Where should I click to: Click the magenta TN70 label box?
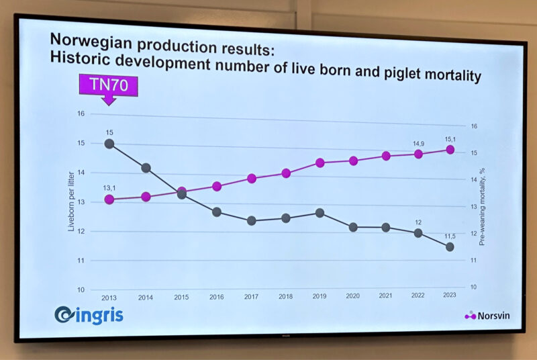tap(108, 85)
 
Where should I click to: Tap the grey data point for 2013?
tap(109, 143)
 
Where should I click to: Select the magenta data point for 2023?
tap(450, 150)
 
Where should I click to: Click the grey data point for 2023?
tap(450, 247)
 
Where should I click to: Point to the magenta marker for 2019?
tap(320, 163)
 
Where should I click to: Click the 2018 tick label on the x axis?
tap(285, 296)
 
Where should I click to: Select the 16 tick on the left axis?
tap(99, 114)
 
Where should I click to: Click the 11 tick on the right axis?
tap(473, 260)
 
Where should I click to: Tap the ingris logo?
tap(89, 314)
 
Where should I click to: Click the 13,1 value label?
tap(109, 189)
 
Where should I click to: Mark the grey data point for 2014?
tap(146, 168)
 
